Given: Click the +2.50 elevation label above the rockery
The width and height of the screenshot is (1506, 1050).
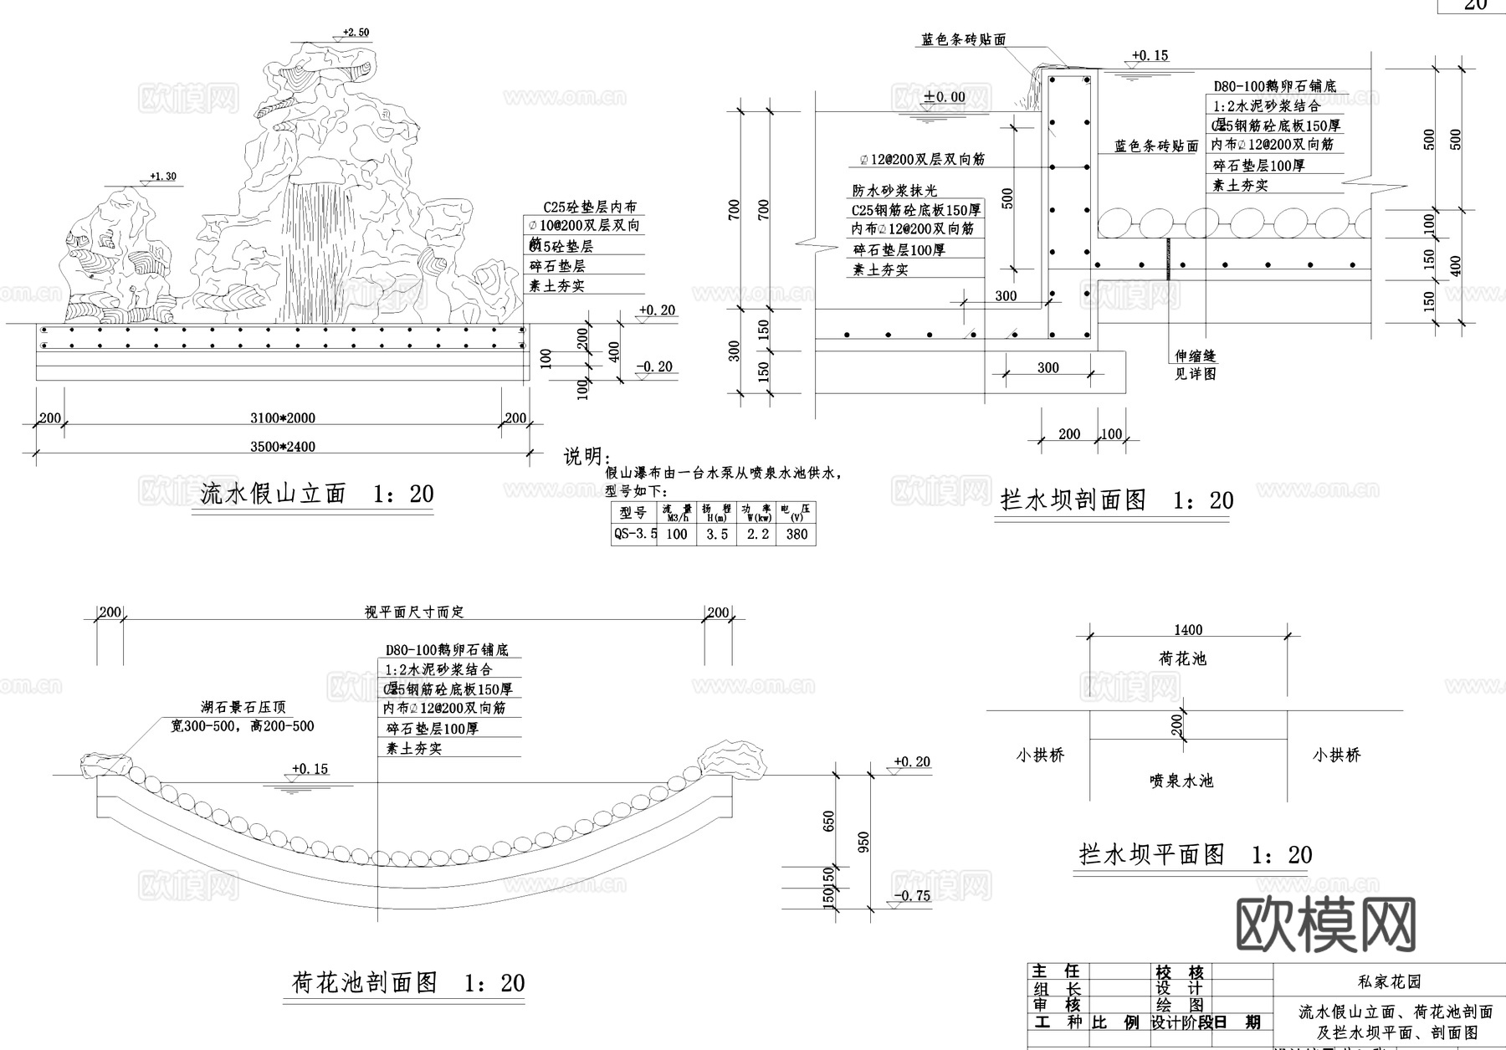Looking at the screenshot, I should [355, 33].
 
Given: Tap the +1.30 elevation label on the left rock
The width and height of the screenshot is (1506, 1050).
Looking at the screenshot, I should [162, 177].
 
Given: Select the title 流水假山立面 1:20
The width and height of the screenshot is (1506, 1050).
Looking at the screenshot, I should [316, 494].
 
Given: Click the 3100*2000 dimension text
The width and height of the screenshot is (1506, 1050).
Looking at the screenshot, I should [283, 418].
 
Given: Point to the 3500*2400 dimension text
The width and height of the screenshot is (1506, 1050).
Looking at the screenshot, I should [283, 447].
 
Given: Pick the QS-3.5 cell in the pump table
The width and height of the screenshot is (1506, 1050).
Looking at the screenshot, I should [635, 534].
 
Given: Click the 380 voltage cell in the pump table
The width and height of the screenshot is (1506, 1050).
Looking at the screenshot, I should [797, 534].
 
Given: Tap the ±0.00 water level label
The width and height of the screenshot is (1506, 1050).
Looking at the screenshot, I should [945, 97].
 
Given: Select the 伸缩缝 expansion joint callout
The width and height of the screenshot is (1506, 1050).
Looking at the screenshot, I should [1195, 356].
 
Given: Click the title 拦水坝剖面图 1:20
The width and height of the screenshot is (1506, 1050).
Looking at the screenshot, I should [1116, 500].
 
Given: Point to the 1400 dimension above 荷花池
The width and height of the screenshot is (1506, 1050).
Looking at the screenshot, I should [1188, 630].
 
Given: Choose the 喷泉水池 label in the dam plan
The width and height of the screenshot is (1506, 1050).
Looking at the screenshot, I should [1181, 781].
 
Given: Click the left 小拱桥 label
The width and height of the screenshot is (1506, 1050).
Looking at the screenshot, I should [1040, 755].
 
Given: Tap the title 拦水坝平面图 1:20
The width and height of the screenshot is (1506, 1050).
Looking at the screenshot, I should [1195, 854].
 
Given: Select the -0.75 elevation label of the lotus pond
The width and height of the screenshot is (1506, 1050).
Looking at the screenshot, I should [911, 896].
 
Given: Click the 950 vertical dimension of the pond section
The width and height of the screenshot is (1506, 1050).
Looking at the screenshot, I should [864, 841].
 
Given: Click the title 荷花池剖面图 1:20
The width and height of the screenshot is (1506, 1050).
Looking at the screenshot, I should [407, 982].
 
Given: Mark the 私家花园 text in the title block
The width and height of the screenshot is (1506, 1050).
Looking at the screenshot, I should [1389, 981].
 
